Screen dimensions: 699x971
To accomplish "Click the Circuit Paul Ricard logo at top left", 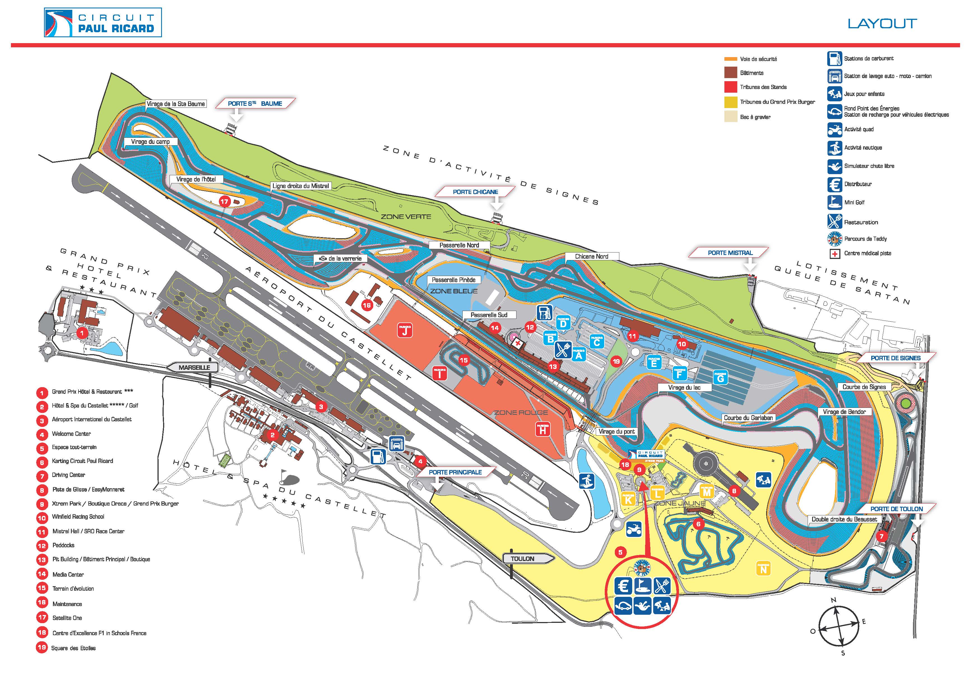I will click(103, 22).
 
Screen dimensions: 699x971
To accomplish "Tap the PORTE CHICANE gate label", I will click(475, 192).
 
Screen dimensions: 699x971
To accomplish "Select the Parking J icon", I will click(405, 330).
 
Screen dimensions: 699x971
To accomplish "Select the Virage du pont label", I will click(617, 431).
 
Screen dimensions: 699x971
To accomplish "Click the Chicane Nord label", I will click(591, 256).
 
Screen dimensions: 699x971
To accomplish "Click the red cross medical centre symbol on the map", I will click(518, 343).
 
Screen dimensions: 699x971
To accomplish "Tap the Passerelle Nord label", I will click(459, 245).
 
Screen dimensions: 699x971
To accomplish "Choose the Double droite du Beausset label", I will click(844, 519).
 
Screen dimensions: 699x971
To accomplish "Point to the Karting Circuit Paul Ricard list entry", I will click(82, 461).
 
